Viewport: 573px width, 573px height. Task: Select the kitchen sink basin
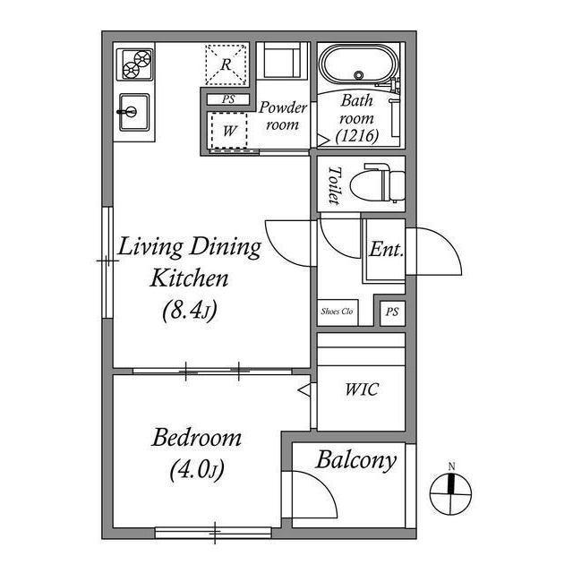(134, 112)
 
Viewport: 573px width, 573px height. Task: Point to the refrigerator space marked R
(226, 65)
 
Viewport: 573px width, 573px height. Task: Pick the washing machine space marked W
(229, 131)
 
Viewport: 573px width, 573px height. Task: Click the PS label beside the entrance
(392, 312)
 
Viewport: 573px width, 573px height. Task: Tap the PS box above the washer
(228, 99)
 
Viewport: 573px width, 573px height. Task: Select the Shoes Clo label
(337, 312)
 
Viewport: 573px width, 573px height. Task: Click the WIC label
(362, 389)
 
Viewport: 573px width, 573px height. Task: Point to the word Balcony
(356, 460)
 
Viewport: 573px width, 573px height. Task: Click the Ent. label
(386, 250)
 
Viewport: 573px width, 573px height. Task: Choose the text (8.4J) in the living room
(190, 311)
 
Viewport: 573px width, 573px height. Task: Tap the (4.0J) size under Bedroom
(197, 469)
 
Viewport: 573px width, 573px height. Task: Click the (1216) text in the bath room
(357, 136)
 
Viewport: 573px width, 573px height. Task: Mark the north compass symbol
(451, 494)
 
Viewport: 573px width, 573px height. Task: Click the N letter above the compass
(451, 466)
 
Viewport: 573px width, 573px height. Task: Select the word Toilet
(334, 185)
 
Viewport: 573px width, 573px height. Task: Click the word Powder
(283, 107)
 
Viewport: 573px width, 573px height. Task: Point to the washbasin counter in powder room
(283, 60)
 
